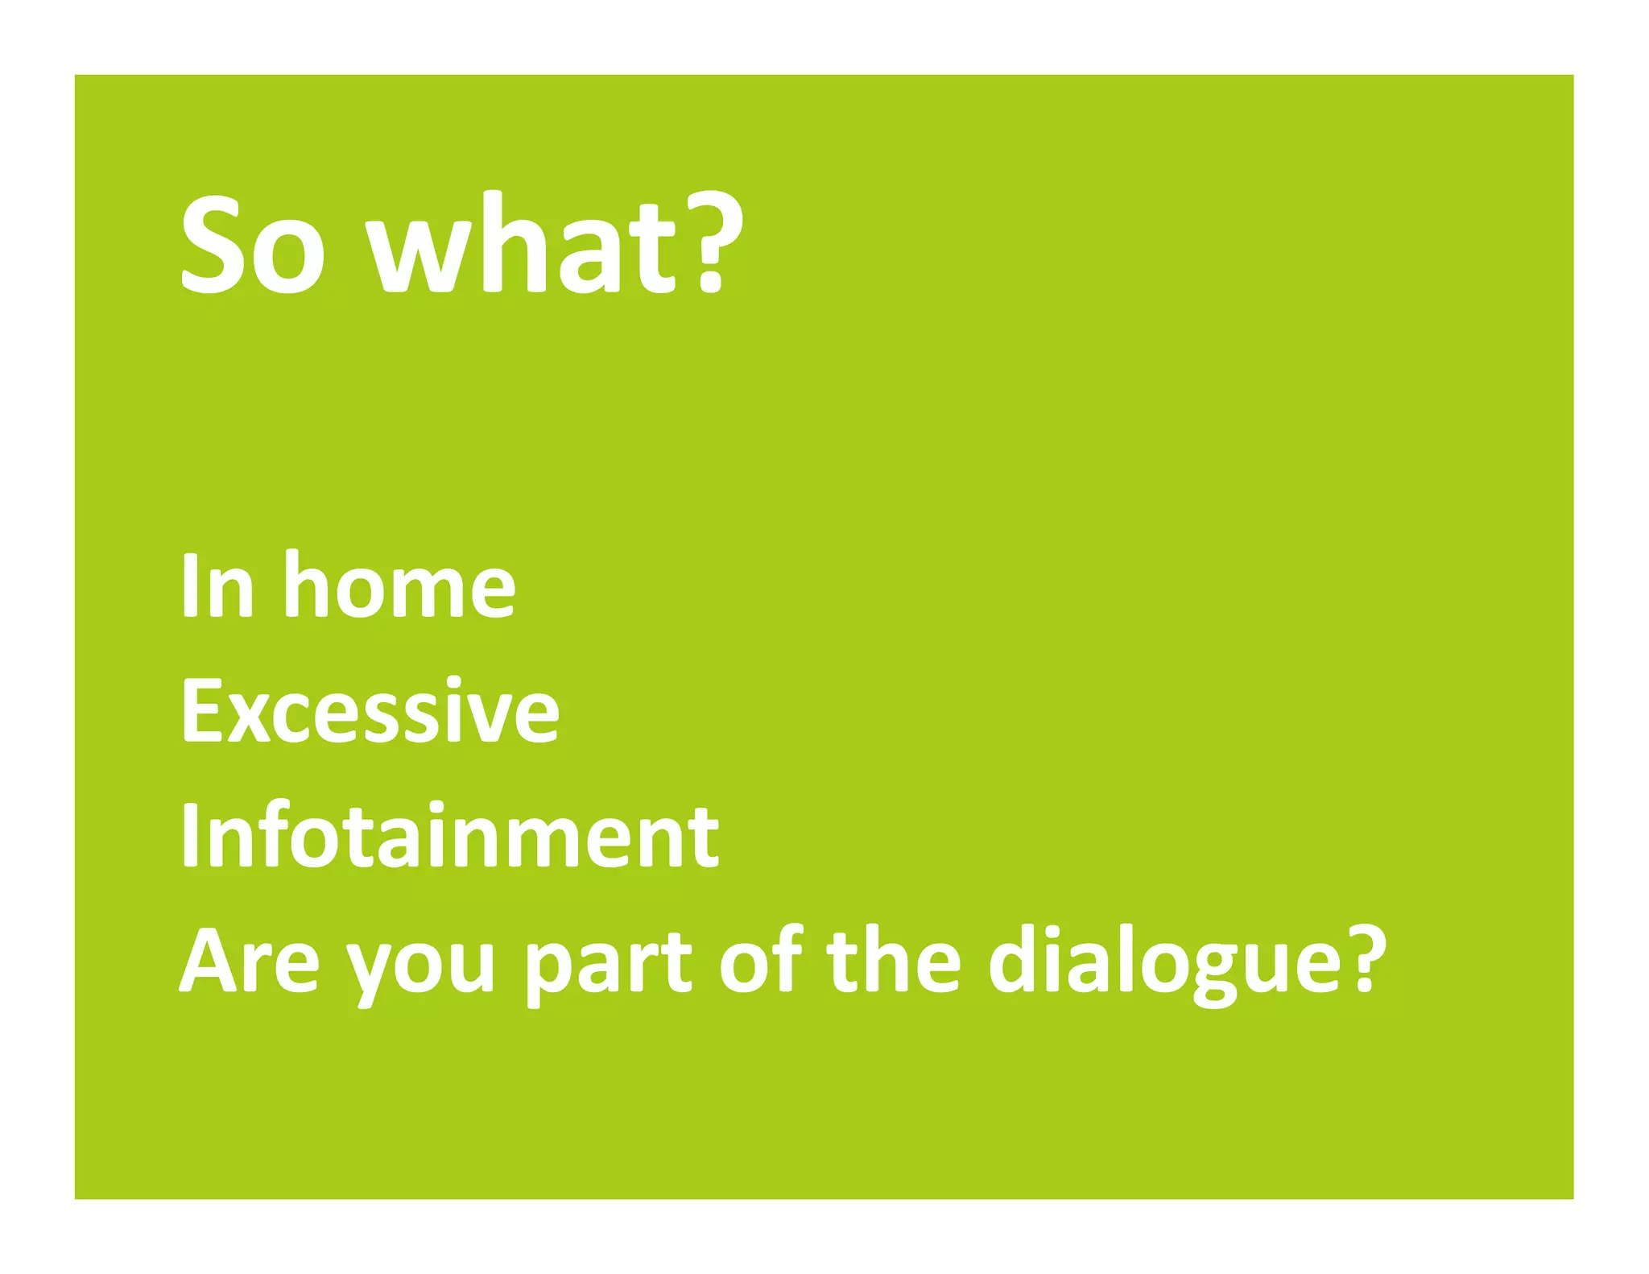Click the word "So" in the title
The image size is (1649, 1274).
pyautogui.click(x=253, y=245)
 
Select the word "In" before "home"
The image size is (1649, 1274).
pyautogui.click(x=217, y=586)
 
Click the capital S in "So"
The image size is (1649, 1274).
pyautogui.click(x=211, y=245)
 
